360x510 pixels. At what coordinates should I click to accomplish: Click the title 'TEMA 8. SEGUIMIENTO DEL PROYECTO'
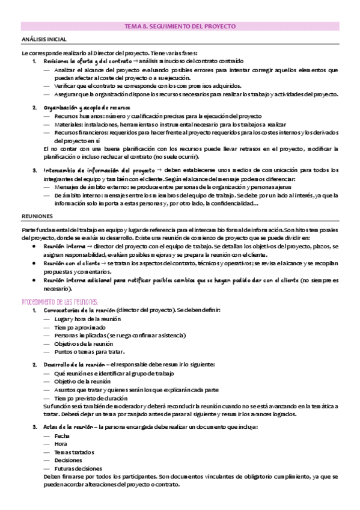180,27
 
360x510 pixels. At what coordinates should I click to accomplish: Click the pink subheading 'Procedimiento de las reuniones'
60,301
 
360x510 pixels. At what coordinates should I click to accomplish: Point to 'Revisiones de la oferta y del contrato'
87,61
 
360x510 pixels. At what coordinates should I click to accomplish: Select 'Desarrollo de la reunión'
73,365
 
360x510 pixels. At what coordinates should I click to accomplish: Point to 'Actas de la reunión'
67,427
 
